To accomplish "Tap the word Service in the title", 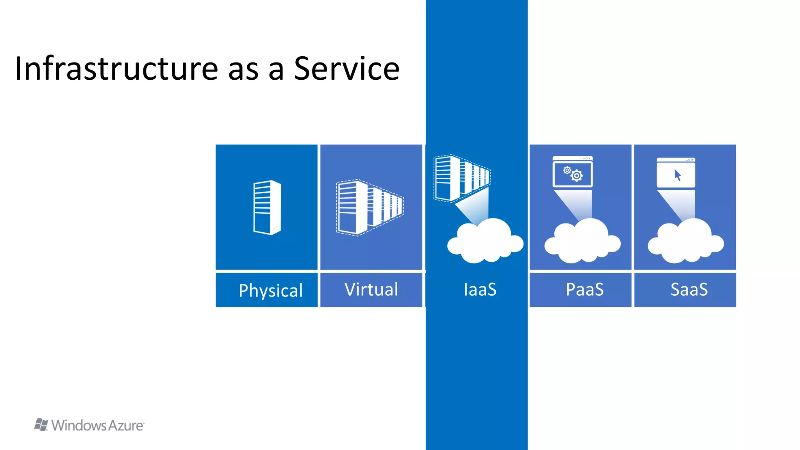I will (x=346, y=69).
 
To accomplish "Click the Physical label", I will (x=270, y=290).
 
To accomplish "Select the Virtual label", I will (x=371, y=289).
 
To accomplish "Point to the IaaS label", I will (x=480, y=289).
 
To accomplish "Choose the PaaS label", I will (x=584, y=289).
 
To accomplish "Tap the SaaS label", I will (x=689, y=289).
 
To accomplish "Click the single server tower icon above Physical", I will (x=267, y=207).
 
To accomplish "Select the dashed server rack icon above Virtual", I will (x=369, y=207).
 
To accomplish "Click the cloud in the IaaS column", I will (x=485, y=242).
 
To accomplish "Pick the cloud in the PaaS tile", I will (x=582, y=242).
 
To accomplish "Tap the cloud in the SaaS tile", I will (x=686, y=242).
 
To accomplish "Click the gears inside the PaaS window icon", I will (x=573, y=174).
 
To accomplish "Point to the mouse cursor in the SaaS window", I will (x=677, y=175).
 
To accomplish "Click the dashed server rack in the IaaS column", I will (x=461, y=178).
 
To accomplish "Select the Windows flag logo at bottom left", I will (x=41, y=425).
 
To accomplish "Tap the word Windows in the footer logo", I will (x=79, y=425).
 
